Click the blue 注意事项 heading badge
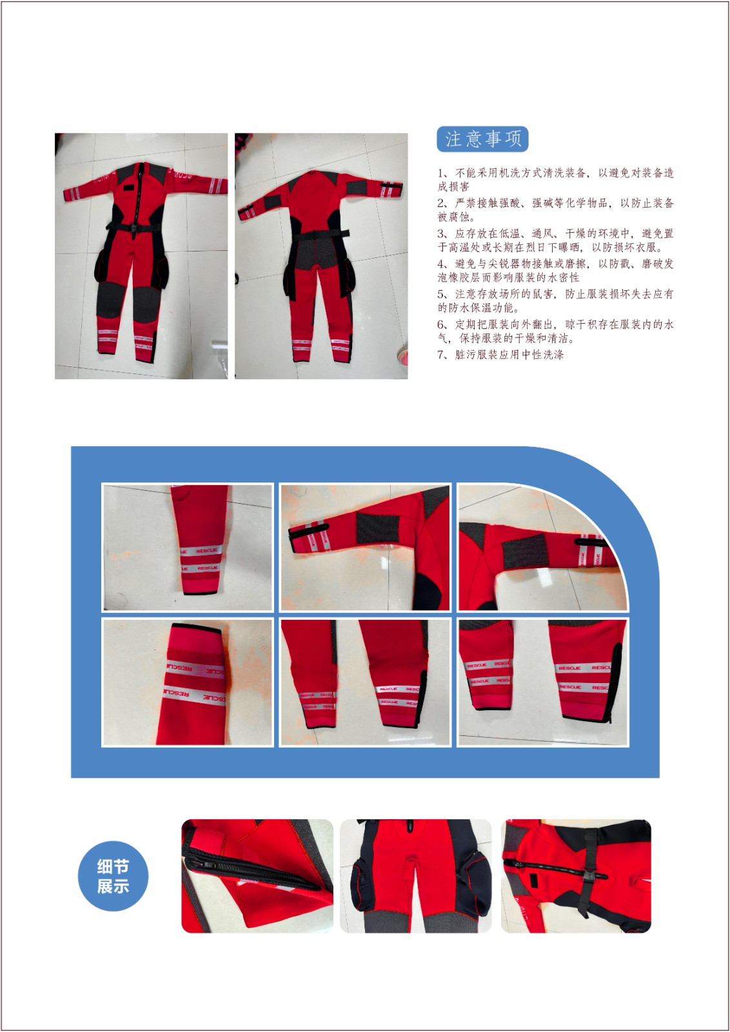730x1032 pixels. (x=482, y=139)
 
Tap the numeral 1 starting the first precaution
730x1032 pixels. (x=440, y=174)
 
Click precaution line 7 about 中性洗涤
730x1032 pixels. (x=500, y=354)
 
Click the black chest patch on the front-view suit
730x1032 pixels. (x=127, y=187)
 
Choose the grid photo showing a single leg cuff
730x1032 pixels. (x=188, y=548)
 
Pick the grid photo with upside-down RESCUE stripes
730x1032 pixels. (x=188, y=682)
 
